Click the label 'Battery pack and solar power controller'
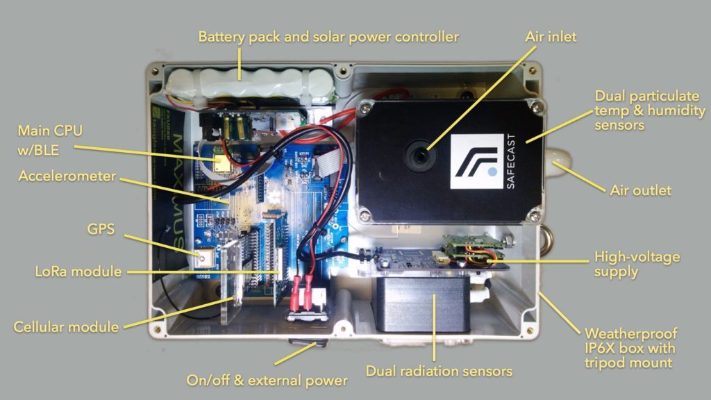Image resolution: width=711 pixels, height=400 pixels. tap(328, 36)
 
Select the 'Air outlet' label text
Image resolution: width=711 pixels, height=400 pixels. tap(640, 190)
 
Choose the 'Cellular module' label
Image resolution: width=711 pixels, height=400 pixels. tap(66, 326)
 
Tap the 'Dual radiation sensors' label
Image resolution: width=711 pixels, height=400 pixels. tap(439, 371)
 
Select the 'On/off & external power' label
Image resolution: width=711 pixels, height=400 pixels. tap(267, 381)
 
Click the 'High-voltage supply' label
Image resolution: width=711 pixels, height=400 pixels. tap(637, 264)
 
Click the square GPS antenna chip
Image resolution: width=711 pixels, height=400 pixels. tap(204, 260)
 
